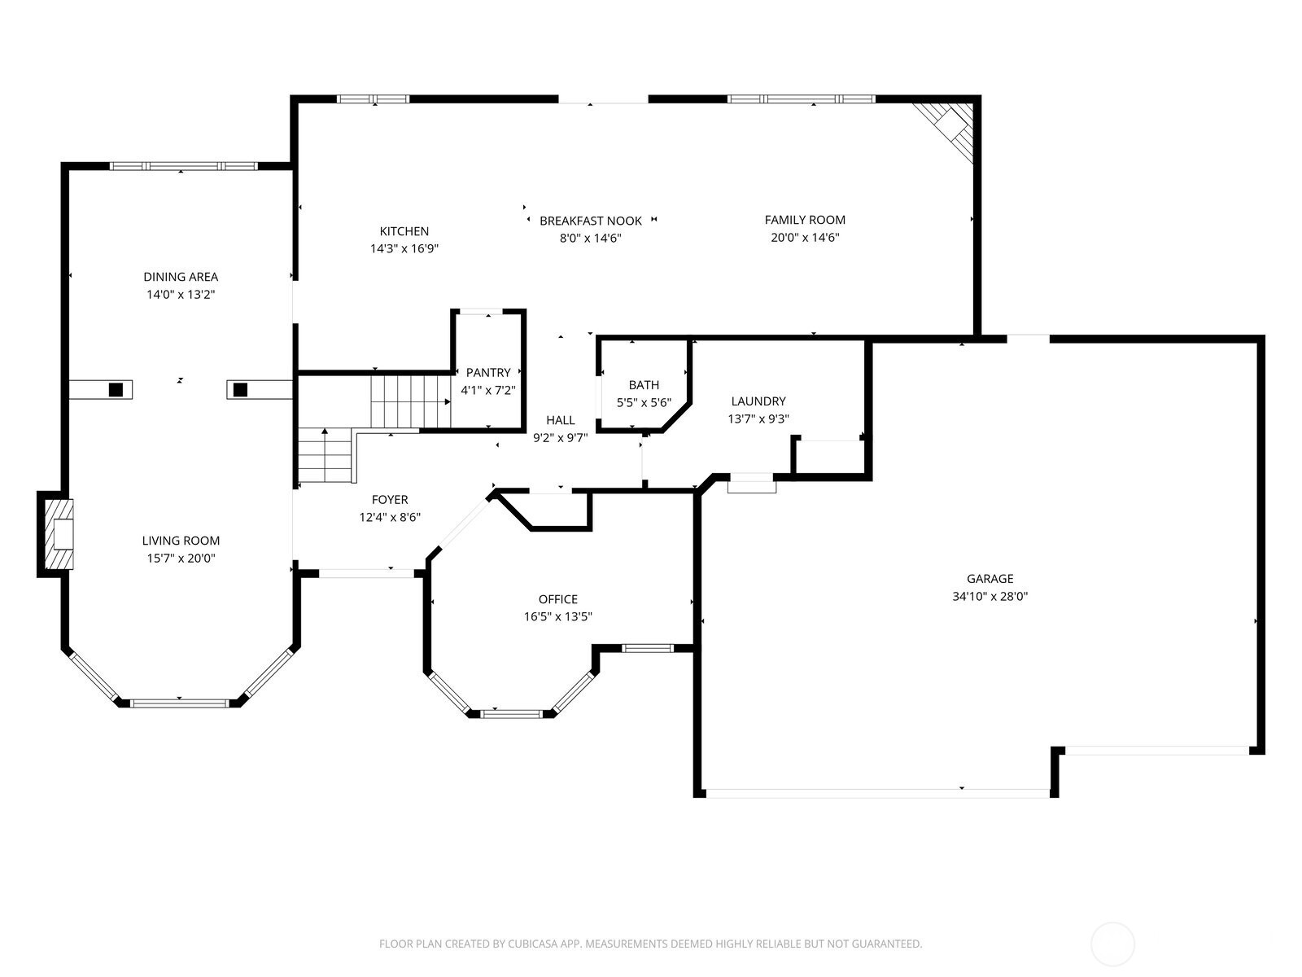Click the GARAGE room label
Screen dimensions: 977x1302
point(990,579)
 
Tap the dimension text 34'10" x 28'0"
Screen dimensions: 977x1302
point(990,596)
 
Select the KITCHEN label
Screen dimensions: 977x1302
point(404,231)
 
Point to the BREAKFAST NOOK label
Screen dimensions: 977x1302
point(590,221)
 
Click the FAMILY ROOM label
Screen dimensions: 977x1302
point(805,220)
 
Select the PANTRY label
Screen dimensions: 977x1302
point(488,373)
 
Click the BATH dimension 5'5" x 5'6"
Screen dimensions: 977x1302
point(644,402)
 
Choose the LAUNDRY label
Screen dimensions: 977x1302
point(758,401)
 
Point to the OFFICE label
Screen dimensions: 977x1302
point(557,599)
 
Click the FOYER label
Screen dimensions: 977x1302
point(390,500)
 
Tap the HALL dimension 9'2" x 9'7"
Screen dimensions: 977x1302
point(560,437)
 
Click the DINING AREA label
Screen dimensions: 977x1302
point(181,277)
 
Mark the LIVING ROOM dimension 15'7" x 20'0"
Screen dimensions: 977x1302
point(180,559)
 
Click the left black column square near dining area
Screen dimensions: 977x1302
point(116,390)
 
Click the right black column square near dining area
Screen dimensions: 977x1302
point(240,390)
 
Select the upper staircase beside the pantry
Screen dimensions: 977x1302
point(410,401)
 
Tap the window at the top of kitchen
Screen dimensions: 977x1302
point(373,99)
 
